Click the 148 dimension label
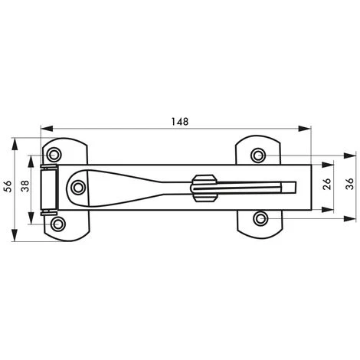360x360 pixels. (180, 122)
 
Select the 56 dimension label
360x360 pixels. (8, 186)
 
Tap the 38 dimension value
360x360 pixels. (25, 186)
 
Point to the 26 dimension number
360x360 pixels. (327, 184)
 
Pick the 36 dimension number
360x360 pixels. (349, 184)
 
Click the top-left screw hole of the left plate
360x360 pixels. (54, 155)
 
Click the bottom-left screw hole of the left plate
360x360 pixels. (58, 224)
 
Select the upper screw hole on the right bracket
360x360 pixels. (257, 155)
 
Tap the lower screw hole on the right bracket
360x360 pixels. (260, 219)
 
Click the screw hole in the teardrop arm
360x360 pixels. (78, 188)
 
